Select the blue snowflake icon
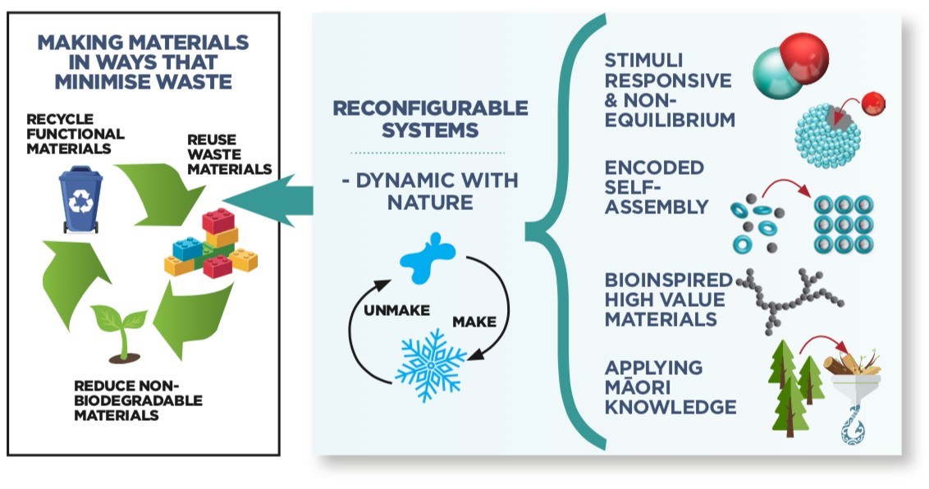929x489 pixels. point(431,364)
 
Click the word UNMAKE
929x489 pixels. point(396,310)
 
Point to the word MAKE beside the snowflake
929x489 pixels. point(474,322)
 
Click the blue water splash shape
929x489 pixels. point(428,258)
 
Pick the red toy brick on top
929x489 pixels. point(218,220)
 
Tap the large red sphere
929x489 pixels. point(804,58)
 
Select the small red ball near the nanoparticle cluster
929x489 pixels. point(872,104)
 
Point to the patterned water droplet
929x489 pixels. point(853,428)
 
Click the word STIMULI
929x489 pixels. point(635,61)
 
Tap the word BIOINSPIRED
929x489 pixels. point(668,280)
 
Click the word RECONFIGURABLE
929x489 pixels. point(430,107)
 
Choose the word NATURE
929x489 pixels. point(430,203)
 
